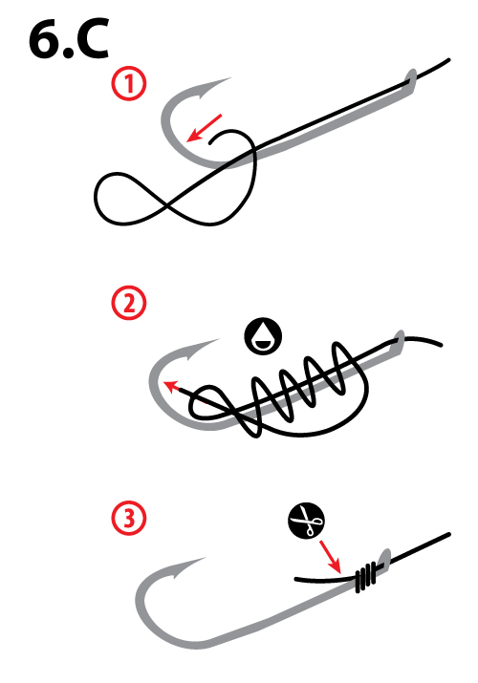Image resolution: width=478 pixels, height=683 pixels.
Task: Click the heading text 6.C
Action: point(69,39)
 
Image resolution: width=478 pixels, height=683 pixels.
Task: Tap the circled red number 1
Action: point(129,84)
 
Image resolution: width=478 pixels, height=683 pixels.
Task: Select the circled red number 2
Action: point(129,302)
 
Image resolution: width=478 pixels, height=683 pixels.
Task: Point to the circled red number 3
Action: point(129,519)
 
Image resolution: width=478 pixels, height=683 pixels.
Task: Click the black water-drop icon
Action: point(263,336)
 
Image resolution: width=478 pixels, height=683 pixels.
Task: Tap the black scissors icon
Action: point(306,521)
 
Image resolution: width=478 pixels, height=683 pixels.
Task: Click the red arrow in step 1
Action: point(205,128)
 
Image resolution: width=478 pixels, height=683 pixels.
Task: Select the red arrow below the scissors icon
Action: point(330,557)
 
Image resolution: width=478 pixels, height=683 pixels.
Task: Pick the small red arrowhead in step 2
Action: point(171,385)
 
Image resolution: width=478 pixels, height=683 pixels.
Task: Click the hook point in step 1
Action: point(228,79)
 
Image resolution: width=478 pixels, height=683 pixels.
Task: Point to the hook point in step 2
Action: point(217,340)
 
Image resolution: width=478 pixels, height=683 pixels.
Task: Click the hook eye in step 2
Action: point(400,339)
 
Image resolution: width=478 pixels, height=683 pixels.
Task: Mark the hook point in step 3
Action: point(203,558)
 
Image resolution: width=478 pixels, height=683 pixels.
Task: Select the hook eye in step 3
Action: point(384,558)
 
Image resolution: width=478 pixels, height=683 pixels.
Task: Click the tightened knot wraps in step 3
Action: point(366,577)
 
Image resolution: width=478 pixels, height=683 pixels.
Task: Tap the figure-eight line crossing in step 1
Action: point(166,204)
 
